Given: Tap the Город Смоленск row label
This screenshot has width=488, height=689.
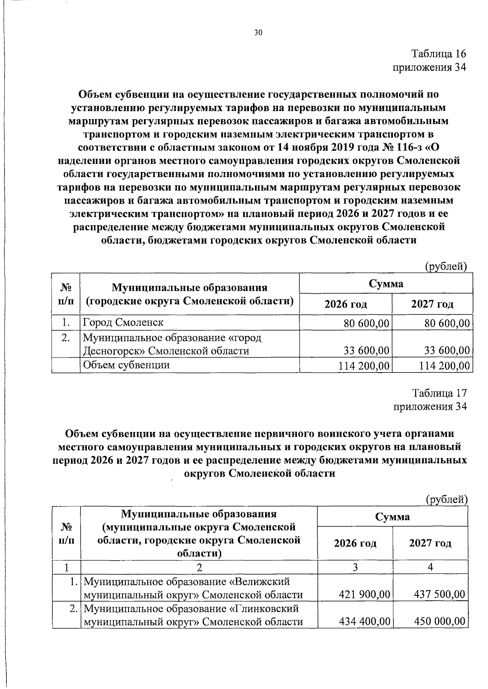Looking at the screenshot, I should (x=123, y=323).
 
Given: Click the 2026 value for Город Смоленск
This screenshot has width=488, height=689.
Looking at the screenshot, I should (x=364, y=324).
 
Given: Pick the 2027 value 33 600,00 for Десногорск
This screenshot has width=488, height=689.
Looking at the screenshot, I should (x=444, y=351).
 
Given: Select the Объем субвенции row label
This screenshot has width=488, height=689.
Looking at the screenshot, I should (x=126, y=365).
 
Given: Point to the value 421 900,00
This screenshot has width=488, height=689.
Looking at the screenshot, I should (x=364, y=595).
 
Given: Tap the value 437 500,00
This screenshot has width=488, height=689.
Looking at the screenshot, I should (x=439, y=595).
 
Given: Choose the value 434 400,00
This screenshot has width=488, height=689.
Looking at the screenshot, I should (x=364, y=621).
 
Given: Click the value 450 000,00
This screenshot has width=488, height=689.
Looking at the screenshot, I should (x=439, y=621).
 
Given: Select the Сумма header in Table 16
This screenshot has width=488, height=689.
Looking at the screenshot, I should (x=386, y=283).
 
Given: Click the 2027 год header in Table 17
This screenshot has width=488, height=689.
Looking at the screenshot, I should (x=430, y=543).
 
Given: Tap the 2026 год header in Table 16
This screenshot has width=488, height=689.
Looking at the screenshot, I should (x=346, y=304).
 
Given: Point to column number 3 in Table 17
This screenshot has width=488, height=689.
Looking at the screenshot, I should (x=355, y=567).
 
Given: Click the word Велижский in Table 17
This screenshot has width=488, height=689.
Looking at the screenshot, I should (x=266, y=581).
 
